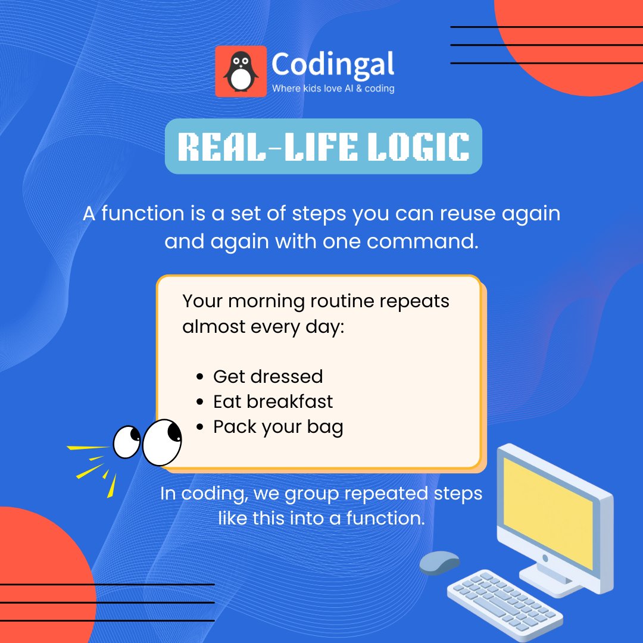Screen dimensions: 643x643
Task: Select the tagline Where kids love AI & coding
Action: tap(333, 89)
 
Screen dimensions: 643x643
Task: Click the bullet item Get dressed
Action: tap(268, 376)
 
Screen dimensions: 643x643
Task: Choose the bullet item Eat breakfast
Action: tap(273, 401)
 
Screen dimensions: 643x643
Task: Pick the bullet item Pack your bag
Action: tap(278, 427)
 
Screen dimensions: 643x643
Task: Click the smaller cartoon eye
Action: tap(127, 442)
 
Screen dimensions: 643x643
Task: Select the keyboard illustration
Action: tap(505, 601)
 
